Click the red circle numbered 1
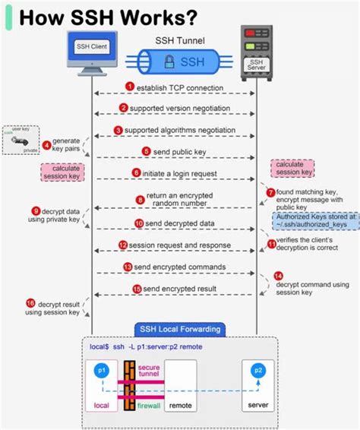pos(130,87)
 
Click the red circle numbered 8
pos(141,201)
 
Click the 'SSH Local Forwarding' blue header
pos(179,329)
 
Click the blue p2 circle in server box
pos(259,371)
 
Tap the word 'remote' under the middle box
pos(181,406)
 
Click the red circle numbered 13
pos(128,267)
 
